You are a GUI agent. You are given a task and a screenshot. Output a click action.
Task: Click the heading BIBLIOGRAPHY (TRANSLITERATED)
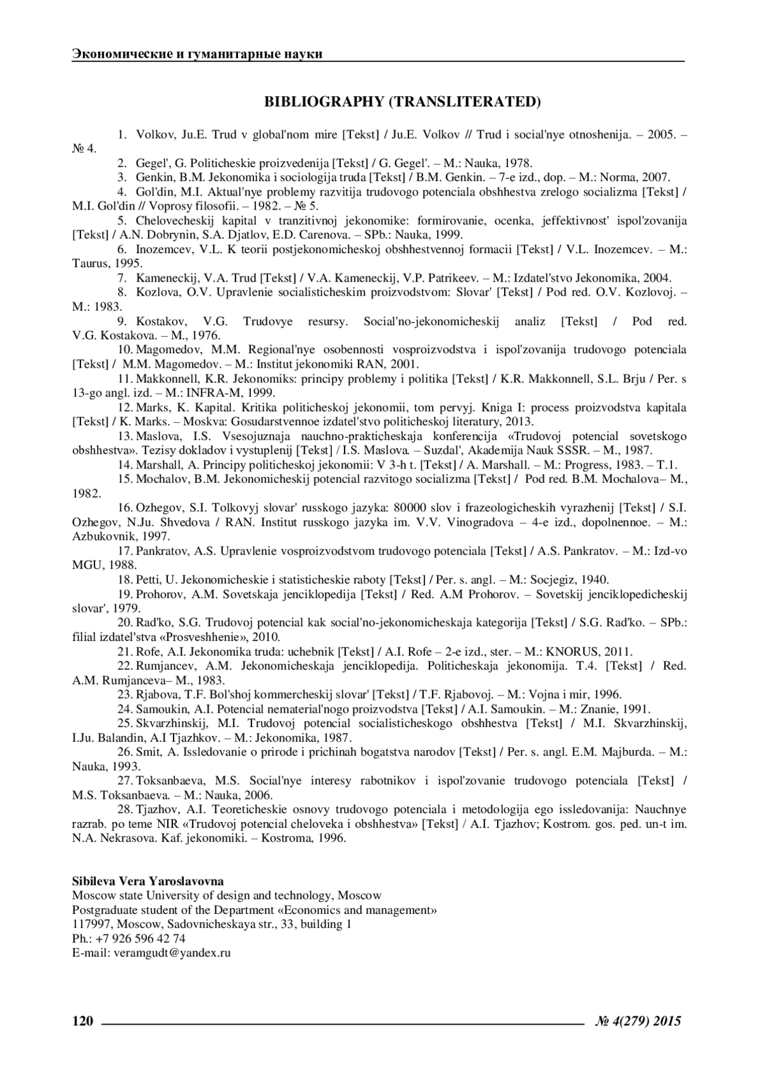[403, 101]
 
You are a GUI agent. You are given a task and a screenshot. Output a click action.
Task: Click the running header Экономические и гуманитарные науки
[197, 54]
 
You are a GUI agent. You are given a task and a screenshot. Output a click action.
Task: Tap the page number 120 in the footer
[83, 1020]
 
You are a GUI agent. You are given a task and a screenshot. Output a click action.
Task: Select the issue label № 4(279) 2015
[638, 1020]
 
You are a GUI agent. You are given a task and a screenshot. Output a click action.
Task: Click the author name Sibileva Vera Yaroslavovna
[148, 881]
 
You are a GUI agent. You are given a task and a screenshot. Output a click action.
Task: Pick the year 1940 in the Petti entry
[595, 579]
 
